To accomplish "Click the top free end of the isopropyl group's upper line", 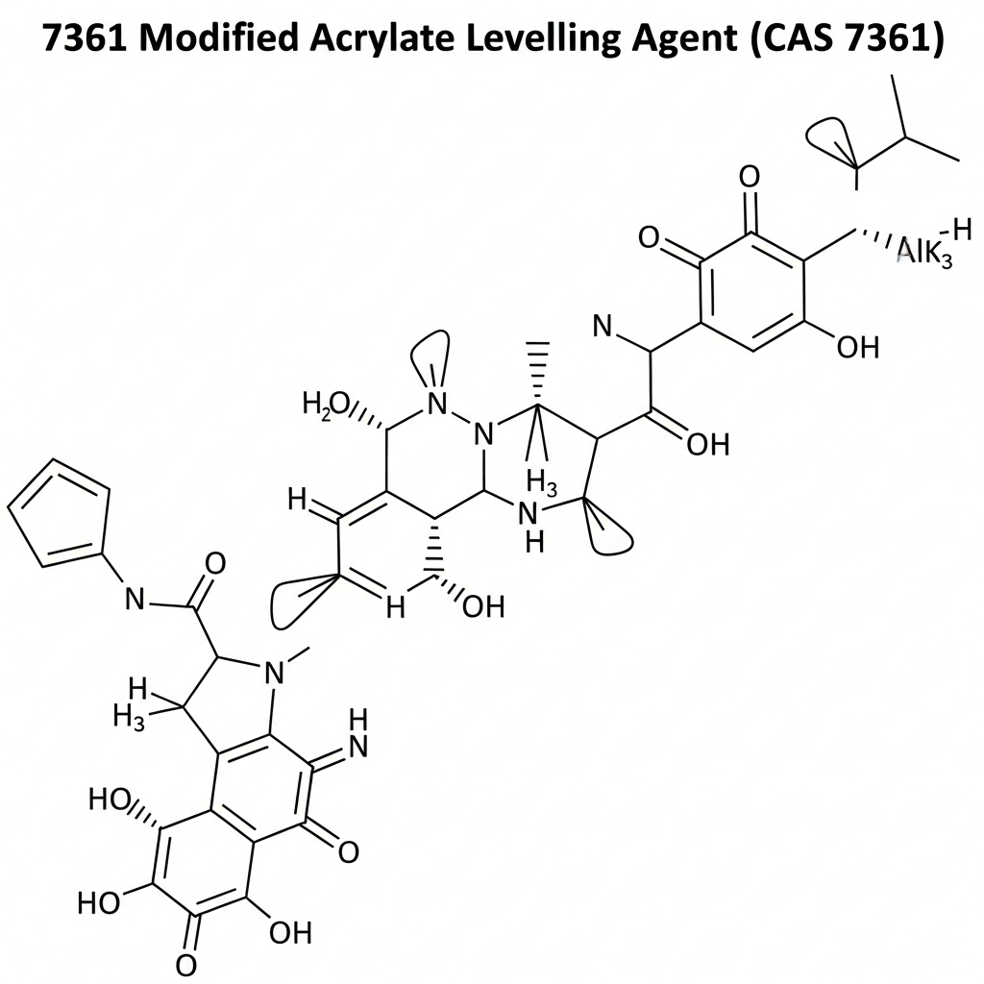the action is pos(893,76).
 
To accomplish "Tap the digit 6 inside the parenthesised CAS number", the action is pos(893,38).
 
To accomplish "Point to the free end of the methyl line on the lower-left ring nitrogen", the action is pos(309,647).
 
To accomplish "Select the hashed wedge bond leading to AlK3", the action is pos(874,238).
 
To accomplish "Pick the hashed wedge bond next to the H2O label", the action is pos(366,417).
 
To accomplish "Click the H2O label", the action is pos(326,405).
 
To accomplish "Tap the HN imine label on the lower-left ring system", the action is pos(357,733).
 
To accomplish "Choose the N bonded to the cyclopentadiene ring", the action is pos(135,600).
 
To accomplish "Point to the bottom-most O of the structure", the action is pos(185,967).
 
